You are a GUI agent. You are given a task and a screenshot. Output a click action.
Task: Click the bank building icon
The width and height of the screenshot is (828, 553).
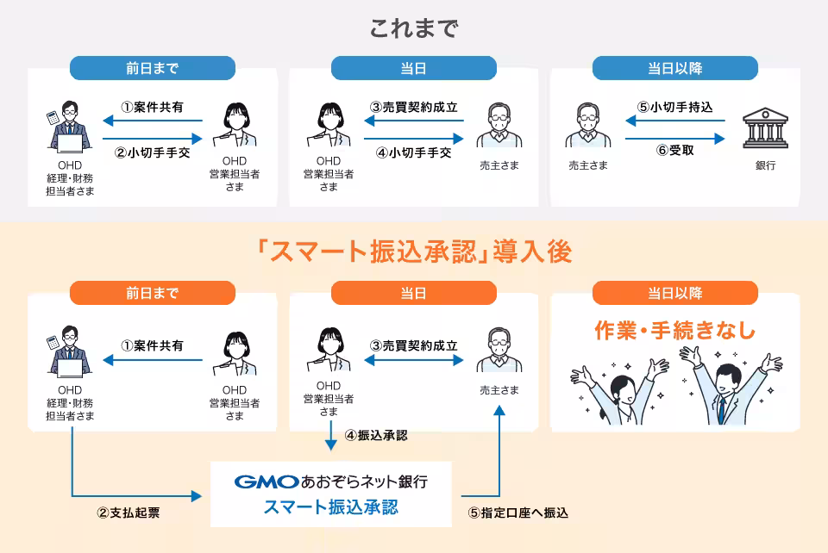point(762,130)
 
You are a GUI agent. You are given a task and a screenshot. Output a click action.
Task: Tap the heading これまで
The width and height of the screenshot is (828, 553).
point(414,28)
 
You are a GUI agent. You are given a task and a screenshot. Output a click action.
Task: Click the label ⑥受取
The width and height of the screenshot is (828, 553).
point(674,150)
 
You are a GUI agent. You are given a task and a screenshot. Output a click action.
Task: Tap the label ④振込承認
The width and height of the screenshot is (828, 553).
point(375,435)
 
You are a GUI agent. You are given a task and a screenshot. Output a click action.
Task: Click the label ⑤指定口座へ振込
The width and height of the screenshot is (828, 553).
point(518,513)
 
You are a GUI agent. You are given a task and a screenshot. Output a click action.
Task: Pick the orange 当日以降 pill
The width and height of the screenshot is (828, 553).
point(674,293)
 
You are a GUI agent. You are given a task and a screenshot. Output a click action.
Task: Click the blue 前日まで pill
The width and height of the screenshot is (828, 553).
point(152,68)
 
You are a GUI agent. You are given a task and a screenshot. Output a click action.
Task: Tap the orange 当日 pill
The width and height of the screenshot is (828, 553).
point(413,293)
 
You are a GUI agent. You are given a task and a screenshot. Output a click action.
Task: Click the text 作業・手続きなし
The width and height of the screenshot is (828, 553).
point(674,331)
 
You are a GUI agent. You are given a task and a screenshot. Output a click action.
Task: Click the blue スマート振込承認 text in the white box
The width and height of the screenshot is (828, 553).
point(331,506)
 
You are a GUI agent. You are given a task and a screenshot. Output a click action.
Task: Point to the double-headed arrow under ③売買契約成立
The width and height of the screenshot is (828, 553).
point(413,362)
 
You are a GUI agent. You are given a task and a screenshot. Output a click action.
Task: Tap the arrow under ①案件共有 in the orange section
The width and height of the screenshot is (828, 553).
point(152,362)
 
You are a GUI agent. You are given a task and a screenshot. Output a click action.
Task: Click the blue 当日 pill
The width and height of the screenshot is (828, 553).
point(413,68)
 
